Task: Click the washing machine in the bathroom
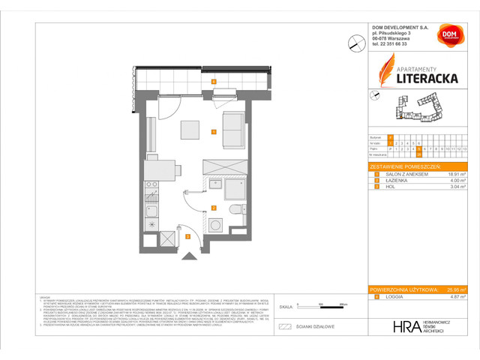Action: tap(217, 223)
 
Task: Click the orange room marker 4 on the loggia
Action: tap(214, 81)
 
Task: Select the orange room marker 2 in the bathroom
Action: tap(214, 208)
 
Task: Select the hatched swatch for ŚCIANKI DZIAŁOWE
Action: tap(284, 327)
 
